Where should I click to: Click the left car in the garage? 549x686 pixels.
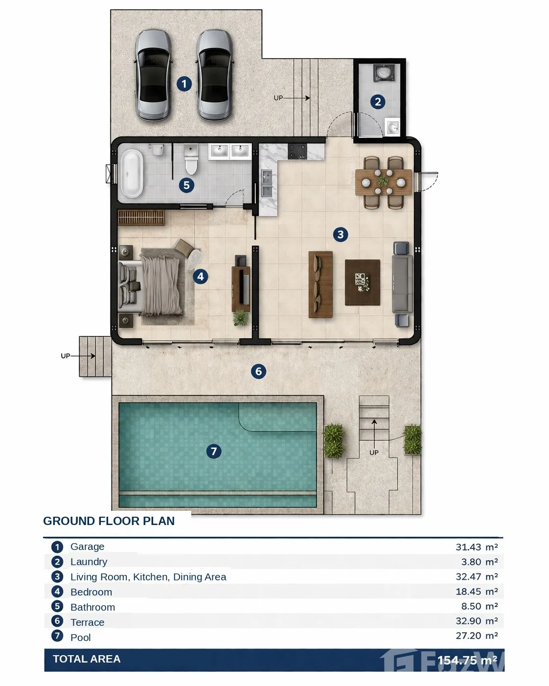153,75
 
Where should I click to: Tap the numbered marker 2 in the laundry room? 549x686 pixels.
378,102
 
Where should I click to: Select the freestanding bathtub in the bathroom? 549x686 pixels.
132,174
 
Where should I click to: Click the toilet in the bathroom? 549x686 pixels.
191,159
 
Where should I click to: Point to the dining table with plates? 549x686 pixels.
383,182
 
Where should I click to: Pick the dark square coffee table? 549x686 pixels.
363,282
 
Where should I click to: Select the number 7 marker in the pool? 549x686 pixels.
214,451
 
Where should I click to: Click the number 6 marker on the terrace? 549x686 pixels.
258,371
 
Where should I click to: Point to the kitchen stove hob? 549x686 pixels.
297,151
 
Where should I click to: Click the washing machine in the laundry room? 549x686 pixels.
384,72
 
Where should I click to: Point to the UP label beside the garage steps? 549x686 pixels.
278,98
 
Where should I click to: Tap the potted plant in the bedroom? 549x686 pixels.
240,318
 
